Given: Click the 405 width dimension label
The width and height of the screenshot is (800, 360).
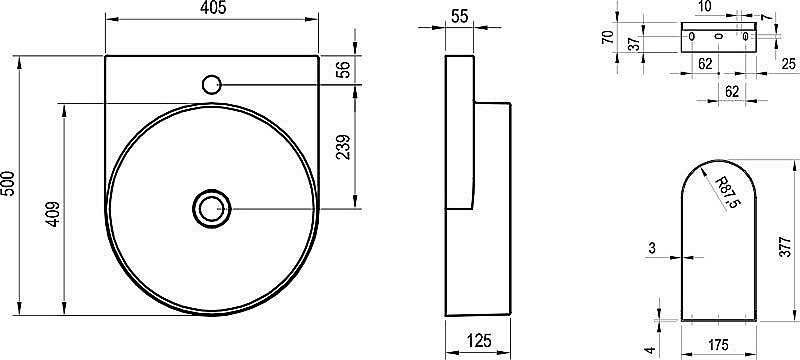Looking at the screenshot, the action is point(212,8).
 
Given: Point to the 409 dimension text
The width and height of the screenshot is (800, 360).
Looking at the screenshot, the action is point(54,215).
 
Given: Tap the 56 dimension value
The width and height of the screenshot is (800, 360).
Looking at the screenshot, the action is point(345,69).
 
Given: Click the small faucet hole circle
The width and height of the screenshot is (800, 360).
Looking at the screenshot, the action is point(211,84).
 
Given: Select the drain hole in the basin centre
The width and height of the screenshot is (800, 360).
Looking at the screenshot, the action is point(211,209).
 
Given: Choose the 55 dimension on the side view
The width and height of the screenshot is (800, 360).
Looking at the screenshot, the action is point(460,16).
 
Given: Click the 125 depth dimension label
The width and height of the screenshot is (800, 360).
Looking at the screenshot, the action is point(478,340).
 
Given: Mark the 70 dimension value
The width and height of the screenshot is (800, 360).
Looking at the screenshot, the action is point(607,37).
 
